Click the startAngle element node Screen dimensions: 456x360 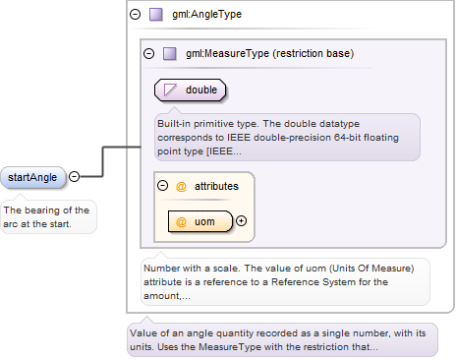pyautogui.click(x=32, y=177)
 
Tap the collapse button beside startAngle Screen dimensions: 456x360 pyautogui.click(x=75, y=177)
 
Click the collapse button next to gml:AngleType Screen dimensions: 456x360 pyautogui.click(x=135, y=14)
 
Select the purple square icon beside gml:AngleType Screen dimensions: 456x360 pyautogui.click(x=156, y=15)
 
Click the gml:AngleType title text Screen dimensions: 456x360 pyautogui.click(x=207, y=14)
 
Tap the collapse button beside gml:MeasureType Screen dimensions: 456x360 pyautogui.click(x=149, y=53)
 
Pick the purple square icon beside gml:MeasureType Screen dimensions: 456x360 pyautogui.click(x=170, y=53)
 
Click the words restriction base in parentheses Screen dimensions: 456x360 pyautogui.click(x=313, y=53)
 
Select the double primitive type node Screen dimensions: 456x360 pyautogui.click(x=191, y=90)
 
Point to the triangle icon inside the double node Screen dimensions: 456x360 pyautogui.click(x=170, y=90)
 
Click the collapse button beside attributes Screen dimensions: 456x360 pyautogui.click(x=162, y=186)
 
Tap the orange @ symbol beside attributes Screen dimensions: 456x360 pyautogui.click(x=181, y=187)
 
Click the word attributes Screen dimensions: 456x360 pyautogui.click(x=216, y=186)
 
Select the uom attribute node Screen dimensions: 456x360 pyautogui.click(x=200, y=221)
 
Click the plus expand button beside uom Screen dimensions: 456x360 pyautogui.click(x=242, y=221)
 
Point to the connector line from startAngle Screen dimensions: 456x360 pyautogui.click(x=103, y=161)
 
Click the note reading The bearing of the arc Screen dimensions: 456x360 pyautogui.click(x=48, y=217)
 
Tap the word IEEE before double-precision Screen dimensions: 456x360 pyautogui.click(x=239, y=138)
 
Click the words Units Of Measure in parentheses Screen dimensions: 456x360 pyautogui.click(x=371, y=269)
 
